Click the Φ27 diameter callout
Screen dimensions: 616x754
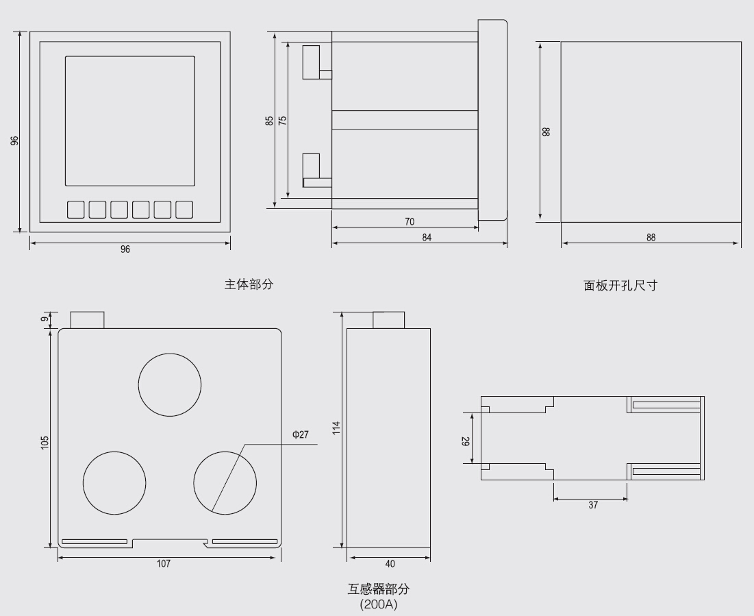300,434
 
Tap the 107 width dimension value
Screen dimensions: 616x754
164,563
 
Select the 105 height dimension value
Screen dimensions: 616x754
45,442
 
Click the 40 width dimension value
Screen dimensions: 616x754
390,564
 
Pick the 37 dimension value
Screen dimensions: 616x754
592,505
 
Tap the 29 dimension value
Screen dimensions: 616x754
466,442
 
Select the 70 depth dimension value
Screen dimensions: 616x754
410,222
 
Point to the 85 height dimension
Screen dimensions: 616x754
269,120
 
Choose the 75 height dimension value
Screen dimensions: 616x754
282,120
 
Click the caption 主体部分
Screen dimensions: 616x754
249,284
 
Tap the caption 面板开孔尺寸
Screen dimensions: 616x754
620,286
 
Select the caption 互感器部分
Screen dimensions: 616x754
378,589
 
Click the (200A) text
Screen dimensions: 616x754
378,606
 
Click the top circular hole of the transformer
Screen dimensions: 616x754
170,384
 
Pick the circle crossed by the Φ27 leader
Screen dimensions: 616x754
225,482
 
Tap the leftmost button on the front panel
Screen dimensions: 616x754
75,209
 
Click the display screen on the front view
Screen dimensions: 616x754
129,121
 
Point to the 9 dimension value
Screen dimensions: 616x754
45,319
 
